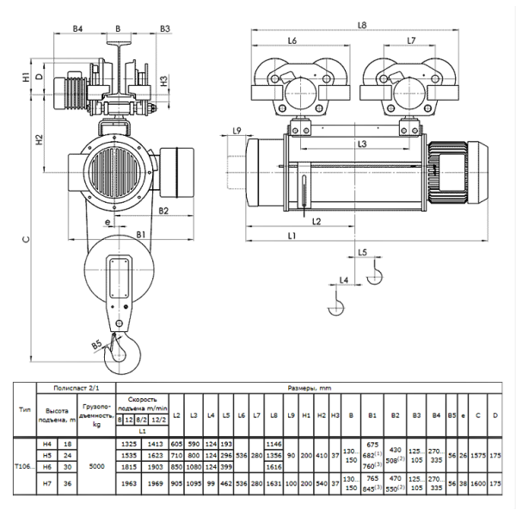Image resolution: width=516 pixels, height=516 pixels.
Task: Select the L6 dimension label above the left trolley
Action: [x=292, y=41]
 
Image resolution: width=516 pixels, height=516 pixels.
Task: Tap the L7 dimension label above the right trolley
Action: [x=410, y=41]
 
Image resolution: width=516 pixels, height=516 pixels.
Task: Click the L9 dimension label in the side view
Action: [x=237, y=130]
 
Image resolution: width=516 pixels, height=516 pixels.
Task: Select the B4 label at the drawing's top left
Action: [x=78, y=28]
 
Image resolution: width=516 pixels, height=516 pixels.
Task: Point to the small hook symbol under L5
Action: [x=373, y=273]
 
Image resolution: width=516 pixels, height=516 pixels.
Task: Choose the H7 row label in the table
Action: [x=51, y=485]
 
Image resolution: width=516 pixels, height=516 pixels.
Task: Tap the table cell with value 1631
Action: [x=275, y=485]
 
